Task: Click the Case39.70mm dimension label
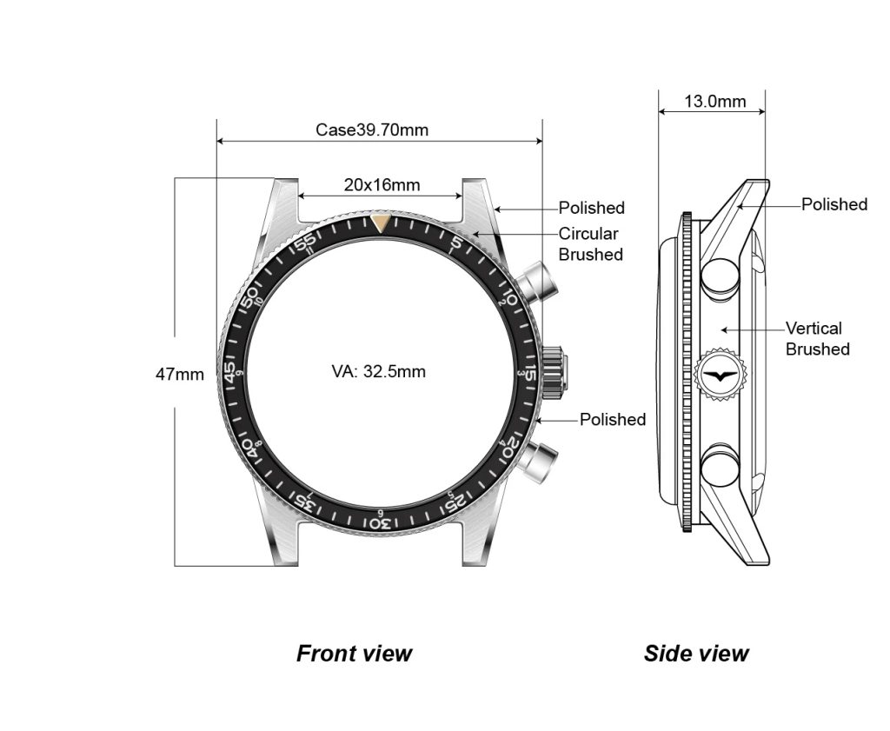point(371,130)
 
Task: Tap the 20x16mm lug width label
point(382,184)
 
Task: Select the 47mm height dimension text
point(180,375)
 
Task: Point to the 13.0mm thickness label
point(714,101)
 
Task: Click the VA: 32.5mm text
point(379,372)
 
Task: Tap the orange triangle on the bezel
point(381,224)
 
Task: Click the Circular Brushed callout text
point(590,244)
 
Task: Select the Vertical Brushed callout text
point(817,339)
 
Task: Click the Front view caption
point(355,654)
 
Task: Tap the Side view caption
point(696,654)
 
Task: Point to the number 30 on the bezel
point(380,523)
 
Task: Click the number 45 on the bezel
point(230,372)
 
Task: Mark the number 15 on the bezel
point(530,373)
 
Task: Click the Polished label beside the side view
point(834,204)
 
